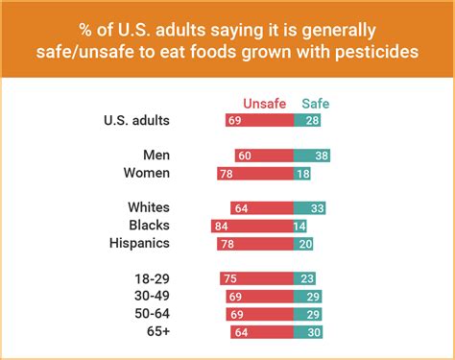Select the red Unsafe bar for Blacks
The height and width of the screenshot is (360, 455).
251,226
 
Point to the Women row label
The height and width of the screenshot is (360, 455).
147,173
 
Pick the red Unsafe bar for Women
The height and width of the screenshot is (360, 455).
255,173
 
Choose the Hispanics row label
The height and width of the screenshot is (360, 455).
139,243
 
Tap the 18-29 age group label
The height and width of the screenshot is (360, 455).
153,278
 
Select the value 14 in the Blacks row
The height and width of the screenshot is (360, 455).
299,226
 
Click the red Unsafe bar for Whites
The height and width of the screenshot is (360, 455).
262,207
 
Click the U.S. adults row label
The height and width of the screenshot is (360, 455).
136,120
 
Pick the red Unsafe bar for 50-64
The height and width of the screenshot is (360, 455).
259,314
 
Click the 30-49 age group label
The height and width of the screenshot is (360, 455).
153,296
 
